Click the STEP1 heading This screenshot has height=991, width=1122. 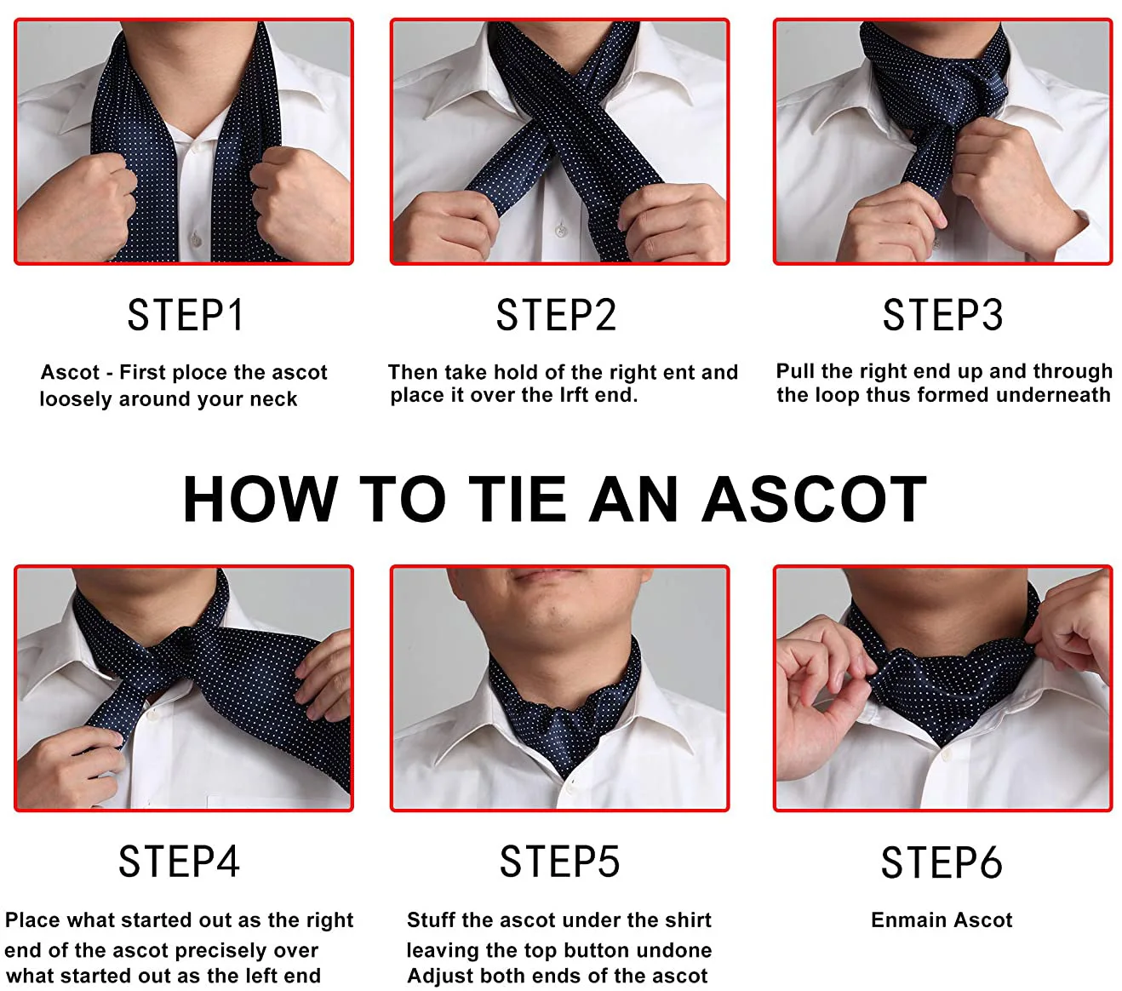(x=186, y=315)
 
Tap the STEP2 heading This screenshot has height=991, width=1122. (x=556, y=315)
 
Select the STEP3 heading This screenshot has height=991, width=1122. (x=942, y=315)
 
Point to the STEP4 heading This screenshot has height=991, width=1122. (x=179, y=862)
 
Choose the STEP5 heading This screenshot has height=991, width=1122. (x=559, y=862)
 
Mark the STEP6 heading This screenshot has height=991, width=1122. (x=942, y=862)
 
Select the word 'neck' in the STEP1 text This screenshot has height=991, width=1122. (x=273, y=399)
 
